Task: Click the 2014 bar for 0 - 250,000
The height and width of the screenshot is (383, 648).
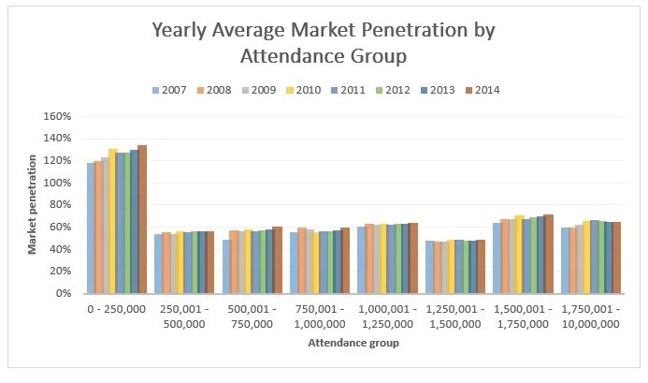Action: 142,219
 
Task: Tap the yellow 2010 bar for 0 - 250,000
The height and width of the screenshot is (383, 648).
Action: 112,221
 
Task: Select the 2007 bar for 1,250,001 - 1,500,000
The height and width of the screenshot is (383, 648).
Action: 430,267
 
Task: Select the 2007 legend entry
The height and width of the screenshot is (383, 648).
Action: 173,90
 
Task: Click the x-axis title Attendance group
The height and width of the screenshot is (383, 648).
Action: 353,344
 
